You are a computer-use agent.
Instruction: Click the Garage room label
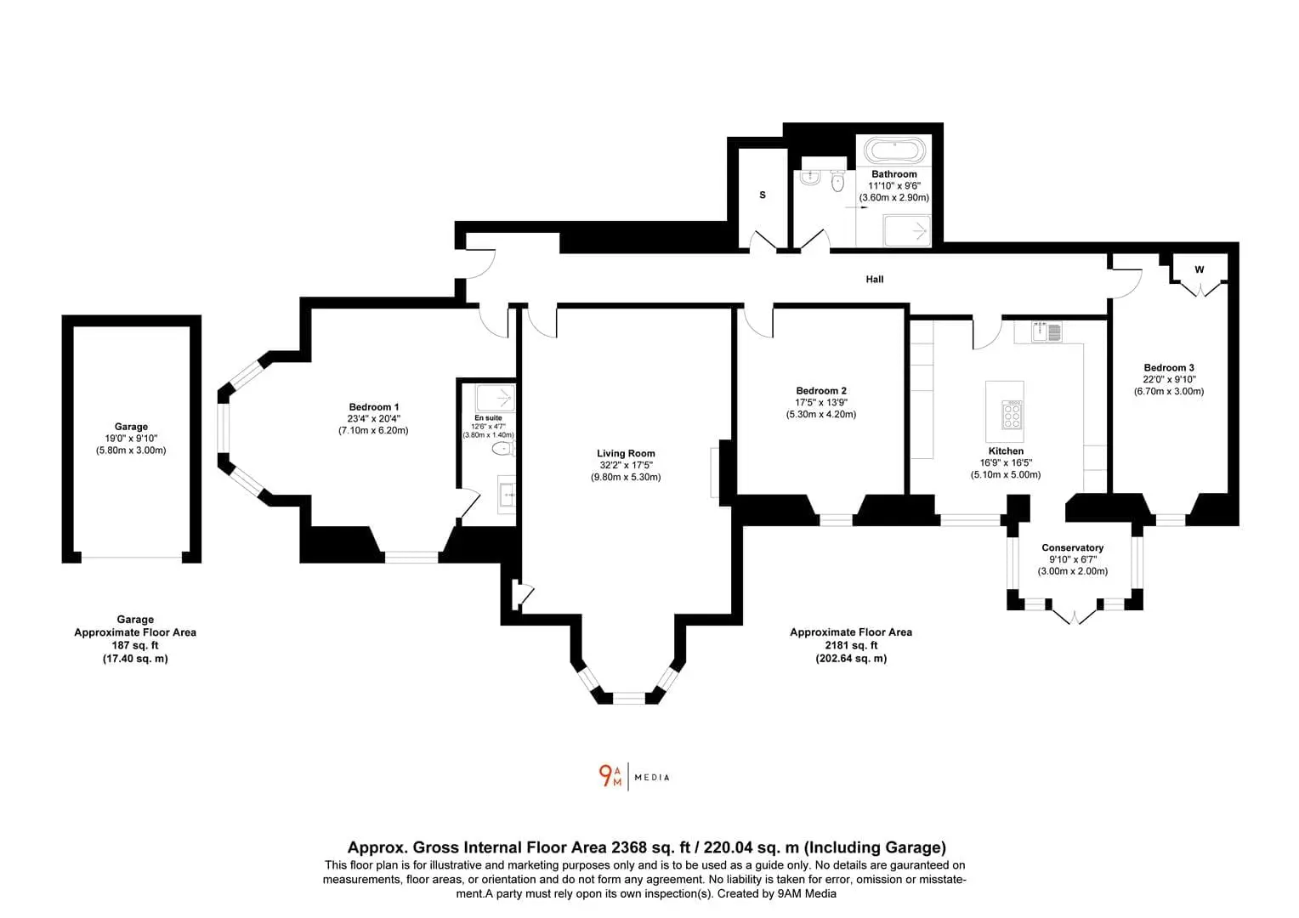pyautogui.click(x=131, y=427)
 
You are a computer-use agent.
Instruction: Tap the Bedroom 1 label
pyautogui.click(x=373, y=407)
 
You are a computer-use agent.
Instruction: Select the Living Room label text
pyautogui.click(x=626, y=454)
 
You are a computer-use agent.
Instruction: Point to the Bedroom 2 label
pyautogui.click(x=820, y=391)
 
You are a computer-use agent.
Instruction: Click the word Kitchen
pyautogui.click(x=1006, y=451)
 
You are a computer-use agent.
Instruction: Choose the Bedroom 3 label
pyautogui.click(x=1169, y=368)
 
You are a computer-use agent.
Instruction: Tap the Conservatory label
pyautogui.click(x=1072, y=547)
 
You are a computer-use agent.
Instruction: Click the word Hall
pyautogui.click(x=875, y=280)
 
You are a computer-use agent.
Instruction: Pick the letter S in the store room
pyautogui.click(x=763, y=195)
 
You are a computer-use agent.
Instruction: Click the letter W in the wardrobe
pyautogui.click(x=1200, y=269)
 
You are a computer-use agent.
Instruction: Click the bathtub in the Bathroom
pyautogui.click(x=895, y=150)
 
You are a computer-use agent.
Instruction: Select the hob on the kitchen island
pyautogui.click(x=1012, y=414)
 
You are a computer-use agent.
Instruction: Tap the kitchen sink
pyautogui.click(x=1047, y=331)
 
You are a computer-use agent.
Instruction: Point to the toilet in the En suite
pyautogui.click(x=503, y=448)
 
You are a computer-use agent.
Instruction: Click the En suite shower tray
pyautogui.click(x=496, y=398)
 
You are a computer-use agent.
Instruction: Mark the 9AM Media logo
pyautogui.click(x=634, y=777)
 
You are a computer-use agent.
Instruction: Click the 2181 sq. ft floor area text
pyautogui.click(x=851, y=645)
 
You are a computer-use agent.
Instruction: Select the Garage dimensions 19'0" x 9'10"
pyautogui.click(x=131, y=439)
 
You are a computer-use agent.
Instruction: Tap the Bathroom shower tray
pyautogui.click(x=907, y=231)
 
